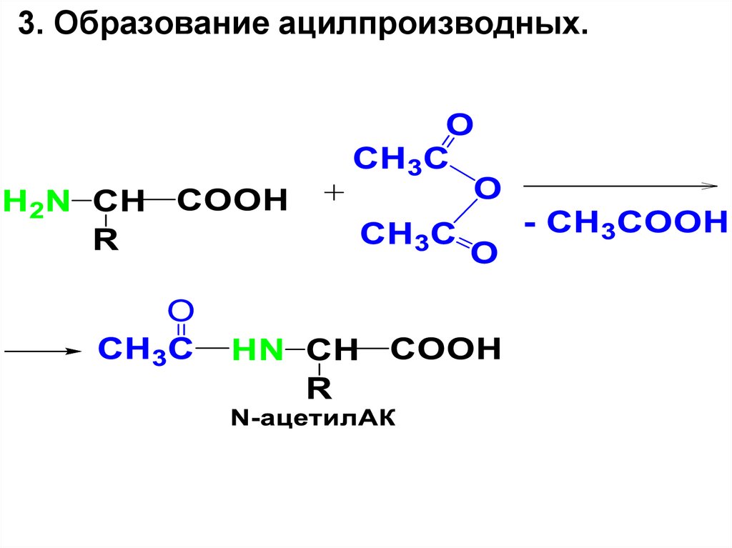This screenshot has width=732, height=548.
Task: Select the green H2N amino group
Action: tap(36, 202)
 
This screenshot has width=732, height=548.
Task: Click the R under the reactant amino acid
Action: tap(105, 241)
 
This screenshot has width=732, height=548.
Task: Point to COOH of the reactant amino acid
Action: tap(232, 201)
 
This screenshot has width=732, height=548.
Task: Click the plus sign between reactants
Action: tap(334, 193)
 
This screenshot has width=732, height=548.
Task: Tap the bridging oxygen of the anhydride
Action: tap(488, 189)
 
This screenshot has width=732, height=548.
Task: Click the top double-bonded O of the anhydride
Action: tap(460, 126)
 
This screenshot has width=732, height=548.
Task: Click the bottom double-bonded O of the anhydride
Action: tap(483, 251)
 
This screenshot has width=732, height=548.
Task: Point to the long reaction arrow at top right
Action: tap(620, 186)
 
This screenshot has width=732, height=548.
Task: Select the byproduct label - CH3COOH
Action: tap(625, 224)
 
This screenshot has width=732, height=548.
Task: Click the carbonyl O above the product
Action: tap(181, 311)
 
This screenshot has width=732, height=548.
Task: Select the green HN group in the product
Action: tap(256, 352)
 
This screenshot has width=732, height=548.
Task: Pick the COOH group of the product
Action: tap(445, 349)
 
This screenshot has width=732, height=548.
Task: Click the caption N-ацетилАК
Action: tap(312, 419)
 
